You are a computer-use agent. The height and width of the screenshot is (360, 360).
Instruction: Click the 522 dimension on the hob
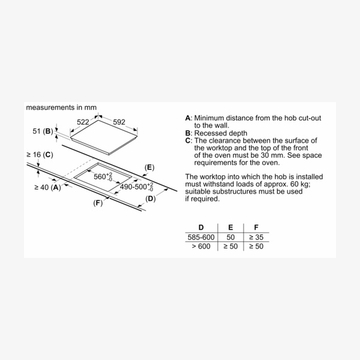(x=83, y=122)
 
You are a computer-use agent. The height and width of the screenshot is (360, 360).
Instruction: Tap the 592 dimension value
(x=119, y=122)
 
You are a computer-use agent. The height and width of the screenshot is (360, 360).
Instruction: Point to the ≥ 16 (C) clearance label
(x=40, y=155)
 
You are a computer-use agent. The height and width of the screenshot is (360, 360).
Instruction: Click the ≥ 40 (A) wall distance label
(x=48, y=187)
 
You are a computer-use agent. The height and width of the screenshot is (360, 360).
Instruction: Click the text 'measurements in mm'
(x=61, y=108)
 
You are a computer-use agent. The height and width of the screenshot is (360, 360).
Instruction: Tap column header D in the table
(x=201, y=227)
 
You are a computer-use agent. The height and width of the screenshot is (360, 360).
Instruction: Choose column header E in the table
(x=230, y=227)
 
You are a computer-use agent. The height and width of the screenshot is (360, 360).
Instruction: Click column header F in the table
(x=256, y=227)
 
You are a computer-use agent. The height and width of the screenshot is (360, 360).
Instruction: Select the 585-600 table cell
(x=200, y=238)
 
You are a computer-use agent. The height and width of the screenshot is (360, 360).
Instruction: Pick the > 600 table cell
(x=200, y=247)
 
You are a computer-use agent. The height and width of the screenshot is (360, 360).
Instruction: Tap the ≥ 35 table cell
(x=256, y=238)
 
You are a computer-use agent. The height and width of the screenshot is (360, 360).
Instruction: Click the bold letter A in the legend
(x=188, y=118)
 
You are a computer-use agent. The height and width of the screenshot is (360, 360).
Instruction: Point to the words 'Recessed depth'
(x=220, y=133)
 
